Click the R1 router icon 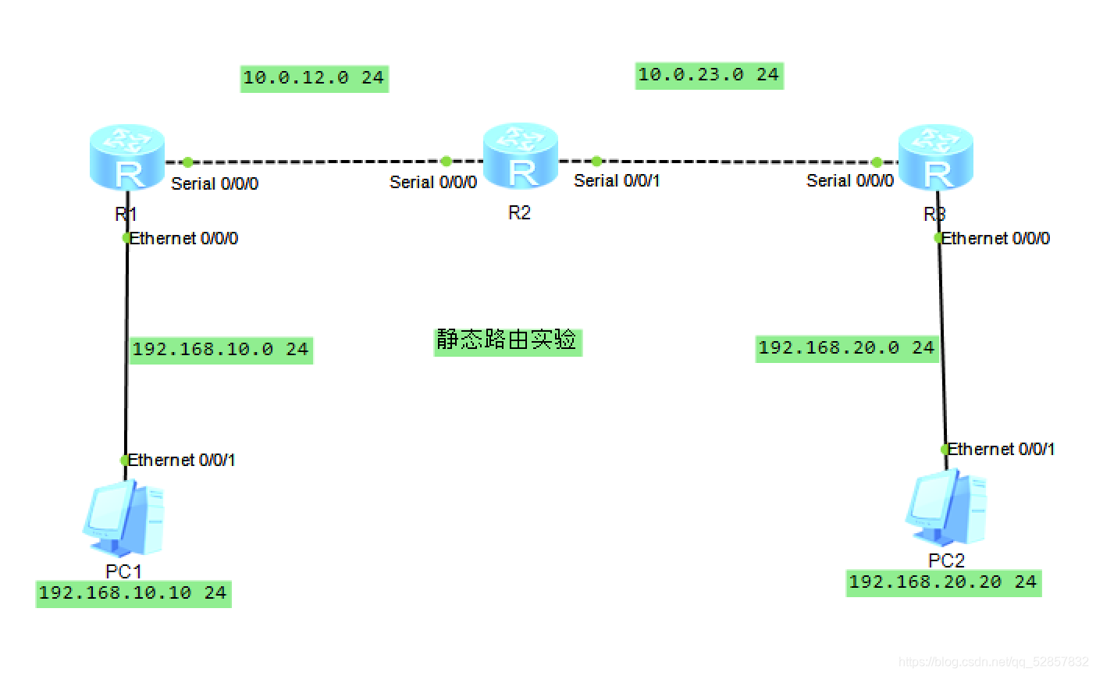coord(126,157)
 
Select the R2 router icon coord(520,155)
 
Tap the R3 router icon coord(935,157)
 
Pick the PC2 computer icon coord(945,507)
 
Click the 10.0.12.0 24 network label coord(314,77)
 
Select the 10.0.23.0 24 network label coord(709,75)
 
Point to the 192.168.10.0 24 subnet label coord(220,349)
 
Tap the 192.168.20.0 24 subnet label coord(846,347)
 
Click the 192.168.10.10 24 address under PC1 coord(133,593)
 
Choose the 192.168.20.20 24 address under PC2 coord(943,582)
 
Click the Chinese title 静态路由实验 coord(507,340)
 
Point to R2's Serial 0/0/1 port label coord(617,181)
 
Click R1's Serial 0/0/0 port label coord(215,183)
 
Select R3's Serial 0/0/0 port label coord(850,181)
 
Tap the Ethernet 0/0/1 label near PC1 coord(181,461)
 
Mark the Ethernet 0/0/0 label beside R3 coord(995,238)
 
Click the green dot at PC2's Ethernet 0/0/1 coord(945,450)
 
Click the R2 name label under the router coord(519,213)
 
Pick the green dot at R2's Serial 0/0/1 coord(596,162)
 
